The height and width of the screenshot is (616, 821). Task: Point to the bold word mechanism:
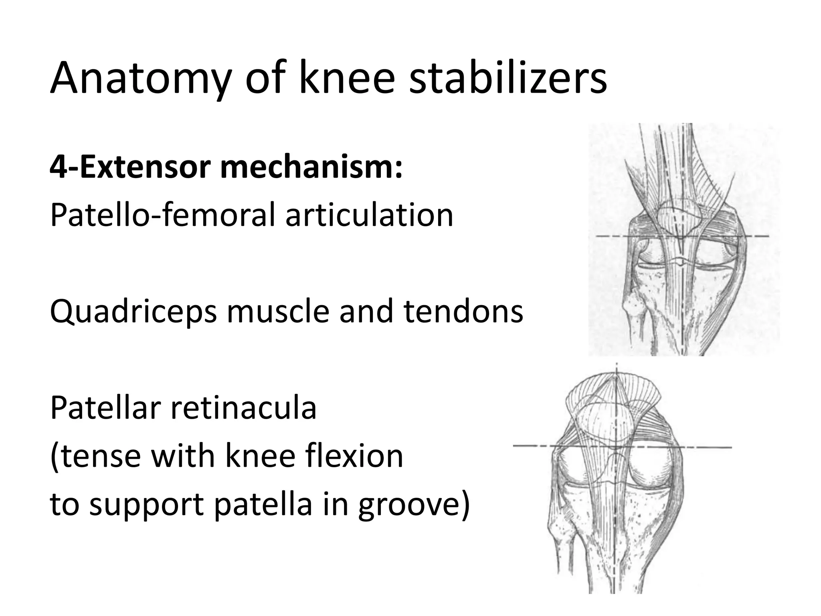pos(311,168)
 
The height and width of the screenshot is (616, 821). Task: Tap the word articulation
pos(369,215)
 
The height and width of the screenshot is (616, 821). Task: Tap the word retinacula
pos(245,407)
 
